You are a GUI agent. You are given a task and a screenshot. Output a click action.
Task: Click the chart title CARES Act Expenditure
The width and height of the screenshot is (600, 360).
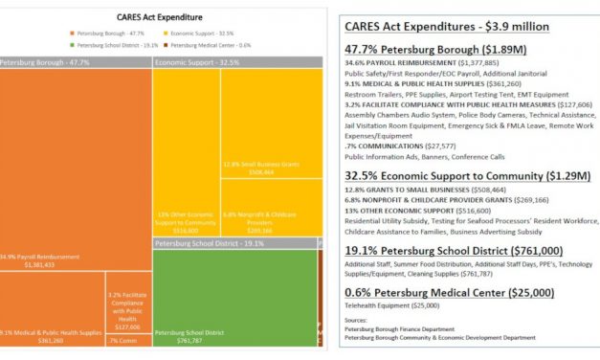click(x=160, y=16)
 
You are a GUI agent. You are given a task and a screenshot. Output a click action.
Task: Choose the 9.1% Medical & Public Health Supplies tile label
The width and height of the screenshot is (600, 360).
click(x=52, y=335)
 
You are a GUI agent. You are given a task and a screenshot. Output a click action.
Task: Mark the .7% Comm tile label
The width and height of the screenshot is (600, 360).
click(x=125, y=341)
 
